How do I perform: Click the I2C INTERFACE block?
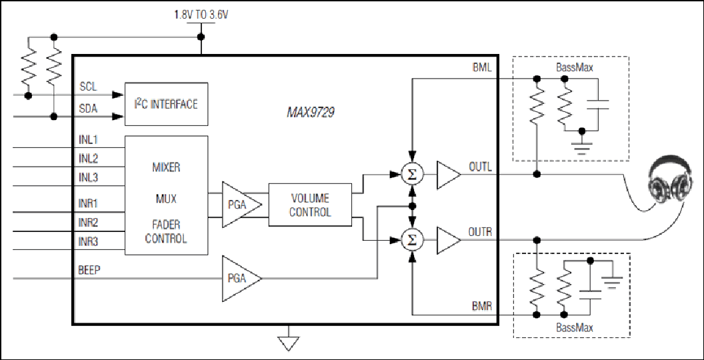(166, 104)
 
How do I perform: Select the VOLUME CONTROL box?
(310, 205)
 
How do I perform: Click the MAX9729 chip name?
(310, 112)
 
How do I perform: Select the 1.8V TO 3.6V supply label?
(201, 15)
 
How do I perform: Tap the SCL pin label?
(88, 87)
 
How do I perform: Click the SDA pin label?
(89, 109)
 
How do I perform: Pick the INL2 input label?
(89, 159)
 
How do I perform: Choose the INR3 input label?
(89, 242)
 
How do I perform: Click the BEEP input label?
(89, 270)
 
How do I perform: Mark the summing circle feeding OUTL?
(412, 174)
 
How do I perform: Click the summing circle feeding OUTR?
(412, 240)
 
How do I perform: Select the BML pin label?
(482, 68)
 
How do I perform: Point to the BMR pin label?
(482, 307)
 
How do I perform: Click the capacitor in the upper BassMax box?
(598, 105)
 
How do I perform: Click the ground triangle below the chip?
(288, 343)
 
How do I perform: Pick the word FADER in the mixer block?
(166, 224)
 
